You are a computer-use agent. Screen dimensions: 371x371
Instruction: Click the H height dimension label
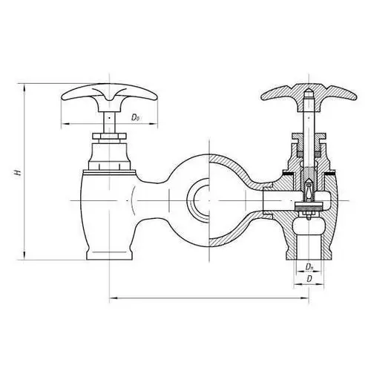pyautogui.click(x=18, y=172)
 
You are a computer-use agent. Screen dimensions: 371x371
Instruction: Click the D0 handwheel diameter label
pyautogui.click(x=135, y=117)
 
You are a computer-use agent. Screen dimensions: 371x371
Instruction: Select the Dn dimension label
pyautogui.click(x=309, y=267)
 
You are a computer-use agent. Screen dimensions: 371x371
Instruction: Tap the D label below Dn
pyautogui.click(x=309, y=279)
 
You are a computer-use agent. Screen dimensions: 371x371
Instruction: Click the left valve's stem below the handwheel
pyautogui.click(x=109, y=122)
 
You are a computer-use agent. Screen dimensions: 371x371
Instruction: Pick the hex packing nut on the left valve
pyautogui.click(x=109, y=136)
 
